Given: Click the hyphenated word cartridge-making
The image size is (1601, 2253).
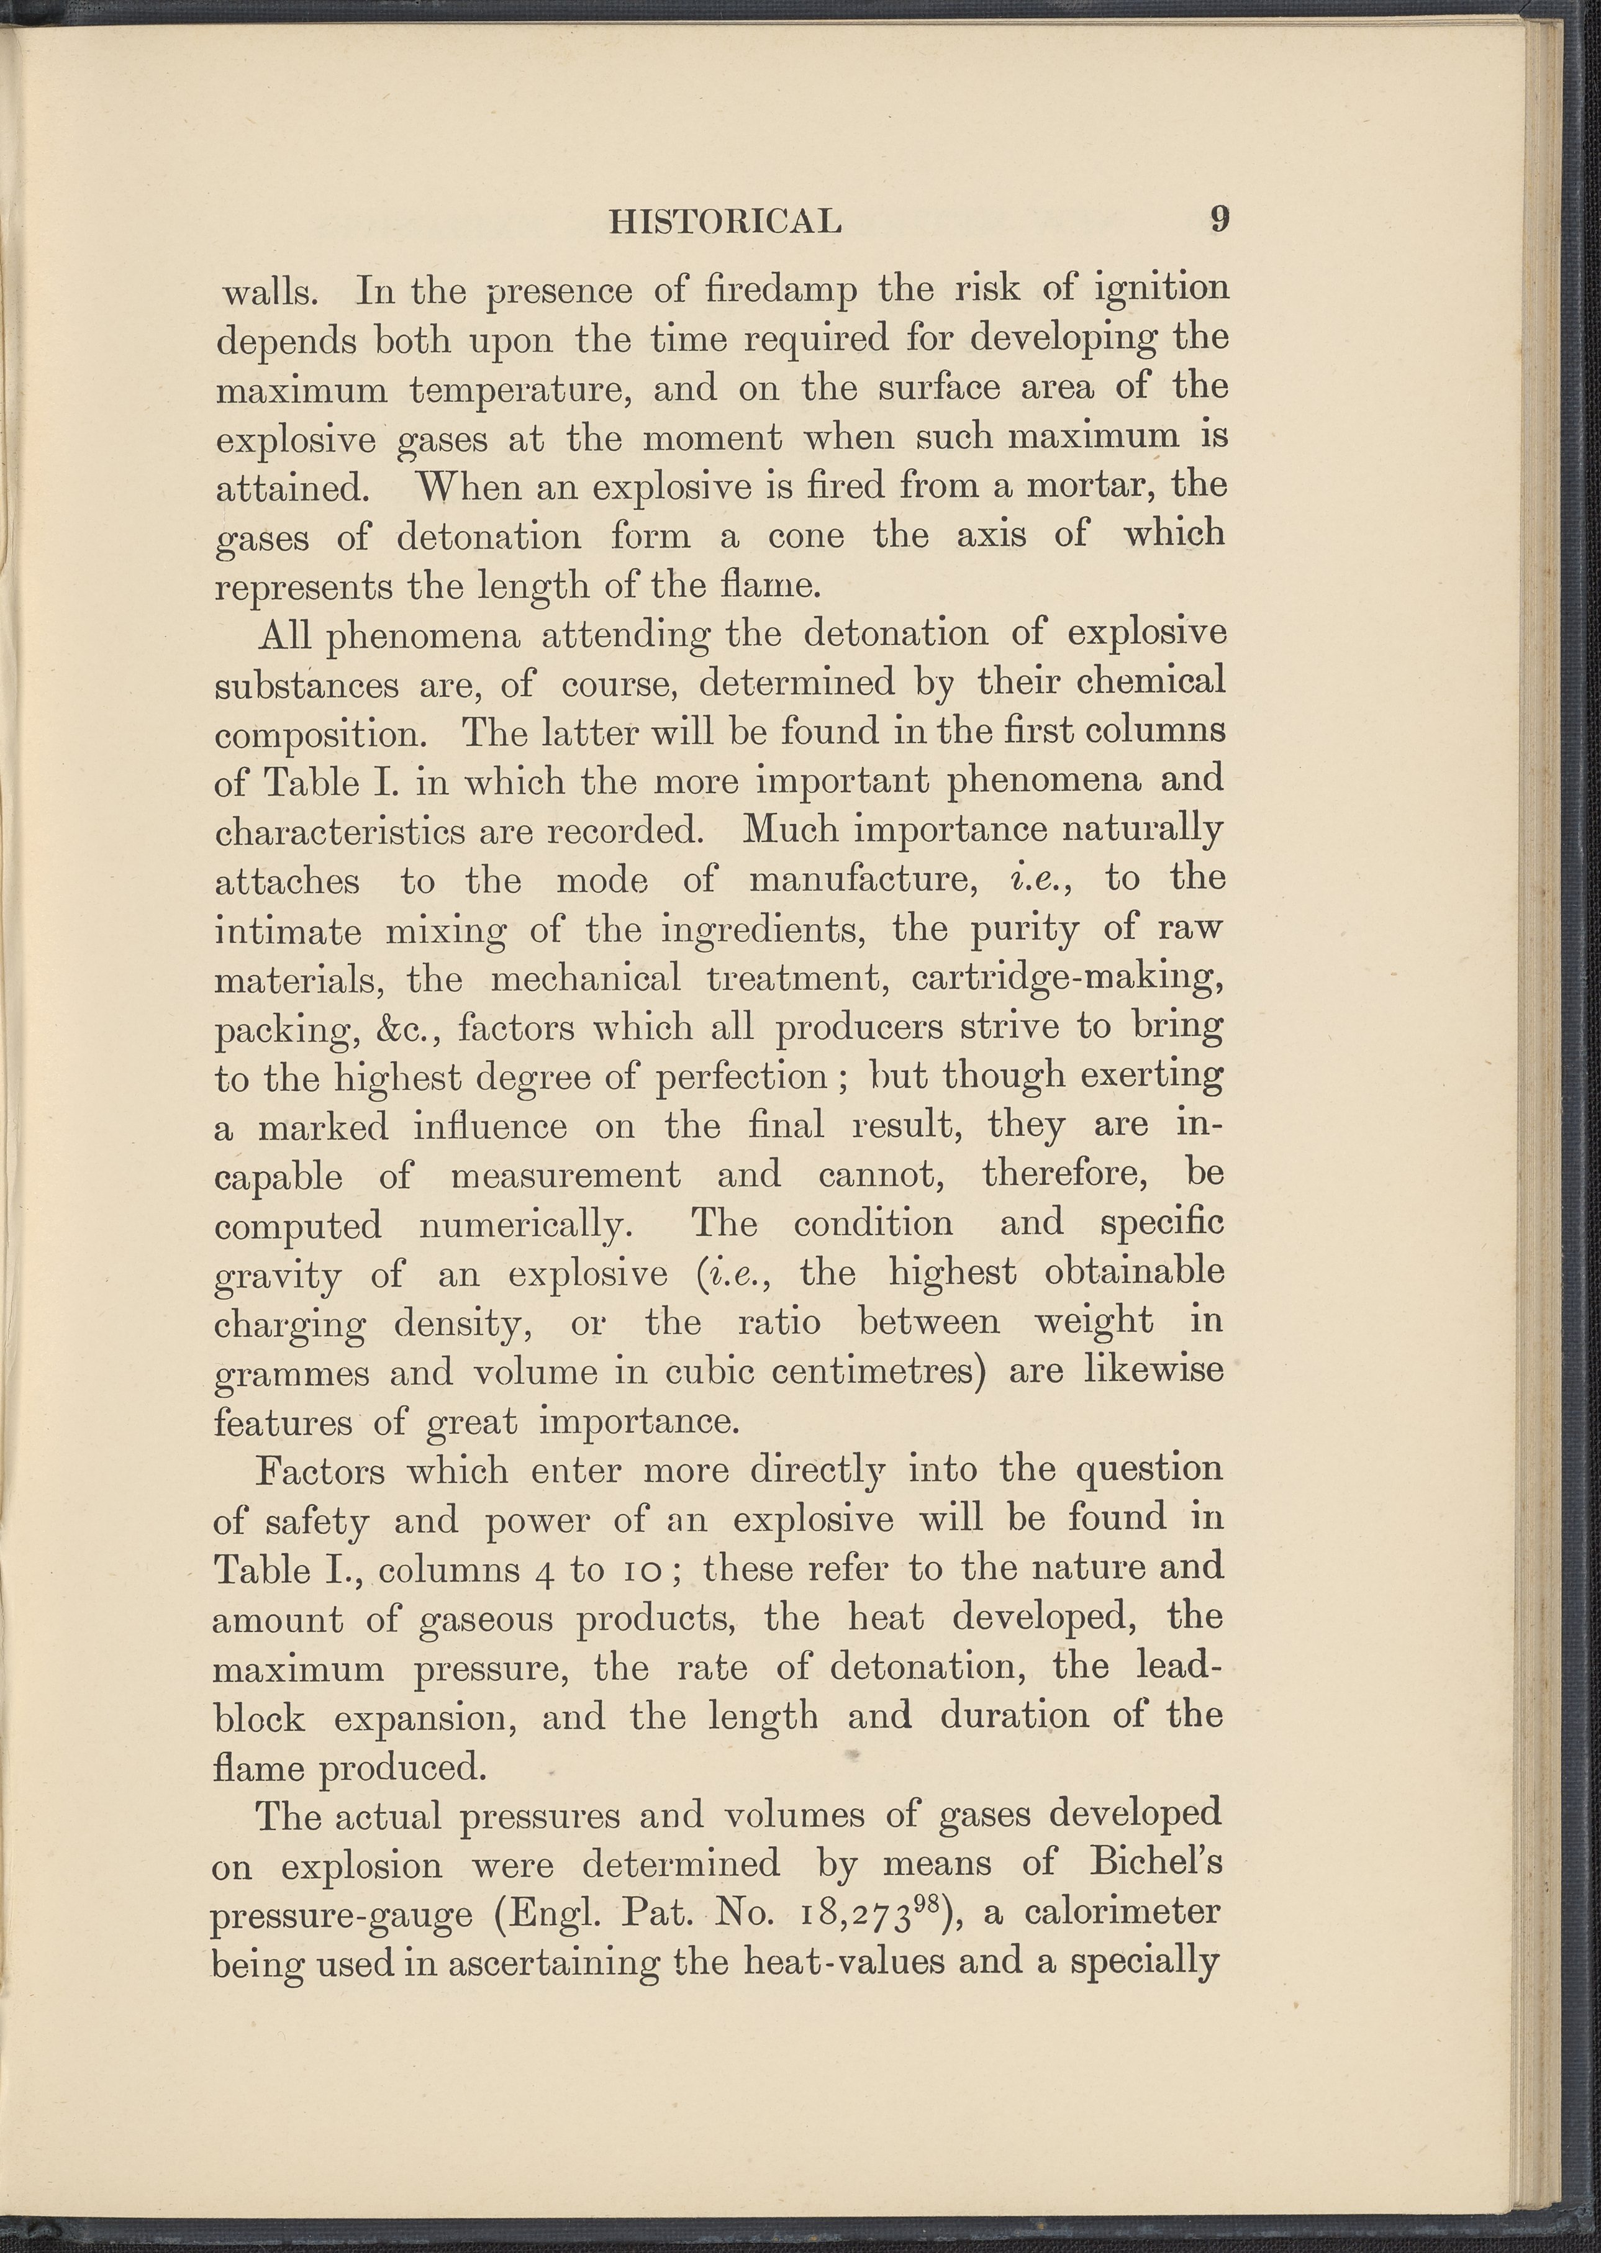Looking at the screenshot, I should [1068, 977].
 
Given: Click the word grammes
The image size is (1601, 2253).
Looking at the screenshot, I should [291, 1374].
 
